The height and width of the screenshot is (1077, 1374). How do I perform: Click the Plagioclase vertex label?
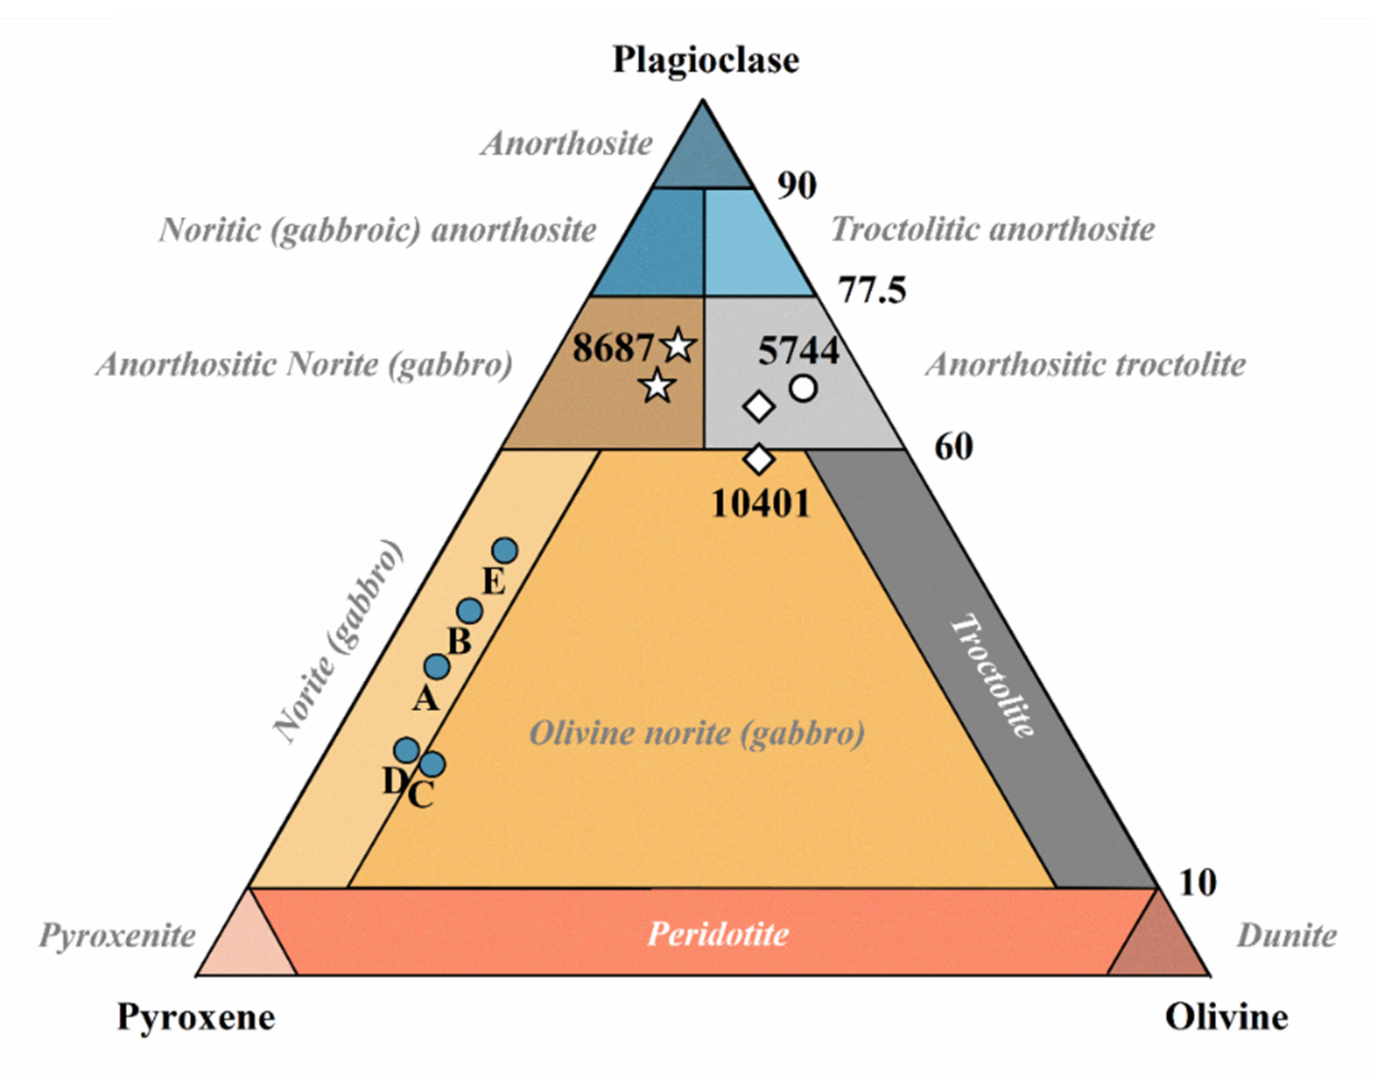[705, 61]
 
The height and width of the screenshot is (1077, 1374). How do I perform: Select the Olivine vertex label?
[1226, 1017]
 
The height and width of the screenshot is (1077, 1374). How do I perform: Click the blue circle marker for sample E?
[505, 551]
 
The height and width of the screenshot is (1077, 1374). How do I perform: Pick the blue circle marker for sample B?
[469, 610]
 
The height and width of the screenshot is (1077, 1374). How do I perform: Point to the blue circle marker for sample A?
[437, 666]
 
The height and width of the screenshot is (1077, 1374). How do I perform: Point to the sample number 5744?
[798, 350]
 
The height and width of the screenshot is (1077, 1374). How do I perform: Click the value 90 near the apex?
[796, 186]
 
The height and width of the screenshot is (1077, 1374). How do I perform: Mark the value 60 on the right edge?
[953, 447]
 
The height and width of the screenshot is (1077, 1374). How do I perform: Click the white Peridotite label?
[718, 934]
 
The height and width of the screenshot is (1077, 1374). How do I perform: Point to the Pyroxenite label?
[117, 935]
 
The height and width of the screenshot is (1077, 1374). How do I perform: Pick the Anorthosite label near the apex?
[566, 144]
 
